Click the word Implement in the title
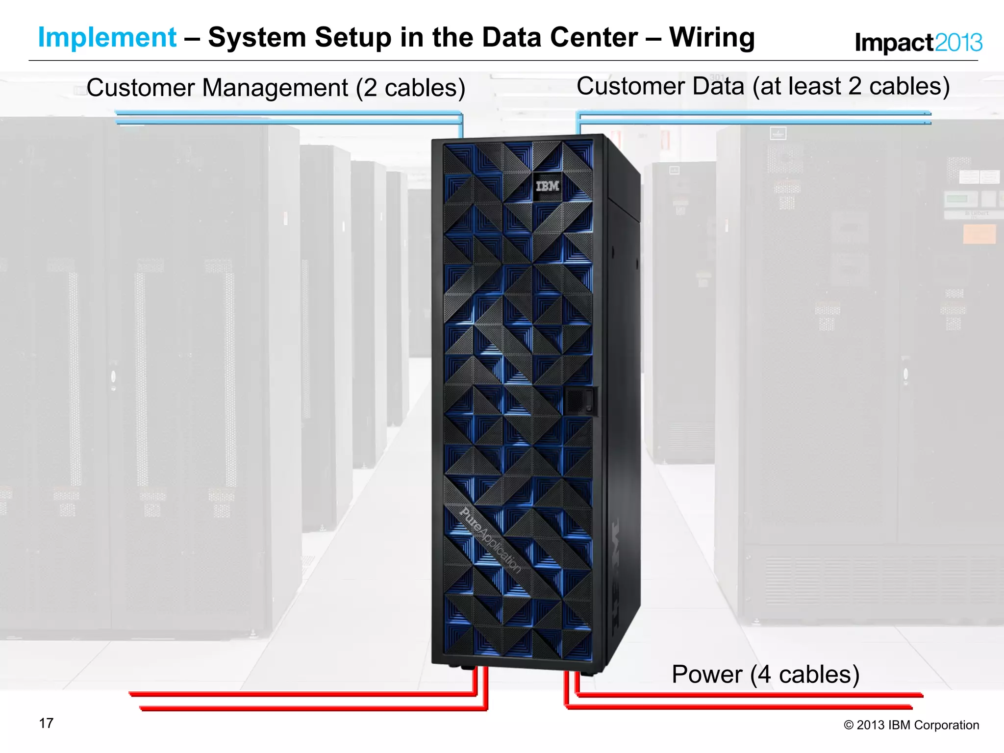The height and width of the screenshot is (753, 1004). tap(107, 38)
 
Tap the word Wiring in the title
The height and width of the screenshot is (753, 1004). tap(712, 38)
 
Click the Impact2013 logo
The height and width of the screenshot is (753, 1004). tap(918, 43)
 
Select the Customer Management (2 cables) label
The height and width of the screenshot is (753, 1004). tap(276, 88)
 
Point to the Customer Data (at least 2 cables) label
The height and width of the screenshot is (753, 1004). tap(763, 87)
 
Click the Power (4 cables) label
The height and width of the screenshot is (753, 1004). tap(765, 675)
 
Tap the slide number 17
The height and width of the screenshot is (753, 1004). tap(46, 724)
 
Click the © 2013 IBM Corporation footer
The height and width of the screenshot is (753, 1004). tap(911, 725)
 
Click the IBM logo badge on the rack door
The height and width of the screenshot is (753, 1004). tap(547, 186)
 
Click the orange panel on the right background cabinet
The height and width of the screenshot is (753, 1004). tap(979, 234)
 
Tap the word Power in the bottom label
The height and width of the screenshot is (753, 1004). tap(706, 675)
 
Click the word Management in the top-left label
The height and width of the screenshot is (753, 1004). tap(275, 88)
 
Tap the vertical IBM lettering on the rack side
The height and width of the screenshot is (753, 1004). tap(616, 574)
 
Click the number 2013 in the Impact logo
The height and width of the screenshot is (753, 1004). tap(958, 43)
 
